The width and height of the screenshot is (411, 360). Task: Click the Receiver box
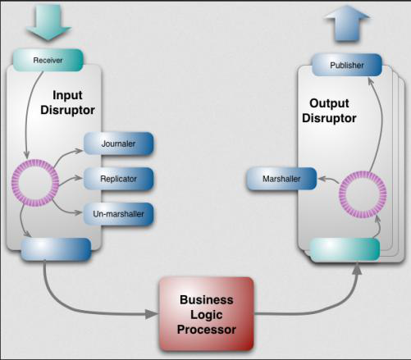tap(48, 60)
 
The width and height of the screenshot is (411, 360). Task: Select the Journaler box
tap(117, 143)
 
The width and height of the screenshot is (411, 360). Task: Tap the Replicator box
tap(117, 178)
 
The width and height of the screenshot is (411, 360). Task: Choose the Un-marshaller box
tap(117, 214)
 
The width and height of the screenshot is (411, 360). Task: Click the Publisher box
tap(346, 65)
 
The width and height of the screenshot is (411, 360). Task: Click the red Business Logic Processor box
tap(207, 314)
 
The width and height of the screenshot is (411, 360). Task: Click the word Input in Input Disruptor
tap(67, 95)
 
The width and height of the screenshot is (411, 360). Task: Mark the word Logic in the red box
tap(207, 315)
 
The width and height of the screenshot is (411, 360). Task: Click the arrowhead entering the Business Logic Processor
tap(153, 314)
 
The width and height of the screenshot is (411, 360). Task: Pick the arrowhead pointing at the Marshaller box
tap(322, 178)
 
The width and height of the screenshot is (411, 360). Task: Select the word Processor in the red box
tap(207, 330)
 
